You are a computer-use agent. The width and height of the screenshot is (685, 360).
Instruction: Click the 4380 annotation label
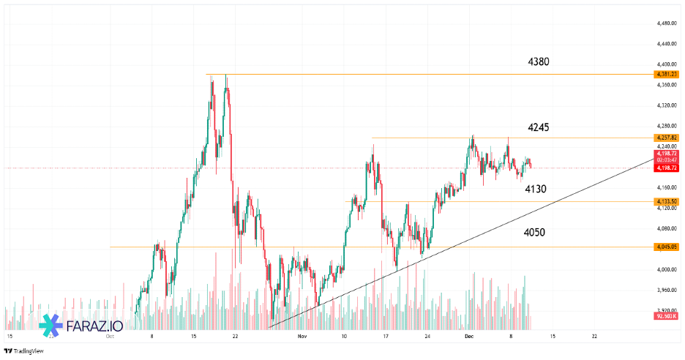coord(538,62)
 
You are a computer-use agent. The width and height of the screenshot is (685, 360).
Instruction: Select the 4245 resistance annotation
coord(538,127)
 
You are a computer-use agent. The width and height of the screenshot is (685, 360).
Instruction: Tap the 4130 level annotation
coord(536,190)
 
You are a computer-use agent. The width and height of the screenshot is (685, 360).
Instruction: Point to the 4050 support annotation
coord(534,233)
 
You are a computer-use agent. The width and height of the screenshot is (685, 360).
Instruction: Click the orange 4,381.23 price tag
coord(667,75)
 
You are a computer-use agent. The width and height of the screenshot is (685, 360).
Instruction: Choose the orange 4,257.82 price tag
coord(667,138)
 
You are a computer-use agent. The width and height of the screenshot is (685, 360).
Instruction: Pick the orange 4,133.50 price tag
coord(667,201)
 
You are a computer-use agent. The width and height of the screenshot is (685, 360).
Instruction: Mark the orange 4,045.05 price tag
coord(667,247)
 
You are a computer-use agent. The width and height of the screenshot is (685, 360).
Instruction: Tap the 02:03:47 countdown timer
coord(667,160)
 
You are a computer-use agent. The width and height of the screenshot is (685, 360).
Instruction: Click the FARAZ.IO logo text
coord(94,327)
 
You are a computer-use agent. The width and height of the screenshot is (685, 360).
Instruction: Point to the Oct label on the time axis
coord(110,337)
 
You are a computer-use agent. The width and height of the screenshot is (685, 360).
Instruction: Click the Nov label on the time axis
coord(302,337)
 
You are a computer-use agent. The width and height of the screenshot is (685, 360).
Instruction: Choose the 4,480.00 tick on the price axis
coord(666,23)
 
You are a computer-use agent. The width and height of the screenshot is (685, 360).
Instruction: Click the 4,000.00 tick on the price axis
coord(666,270)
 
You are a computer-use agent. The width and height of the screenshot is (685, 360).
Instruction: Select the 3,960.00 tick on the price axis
coord(666,290)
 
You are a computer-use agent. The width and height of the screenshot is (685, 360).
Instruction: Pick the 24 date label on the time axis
coord(427,337)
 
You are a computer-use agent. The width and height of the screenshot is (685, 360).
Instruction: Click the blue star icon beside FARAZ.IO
coord(51,326)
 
